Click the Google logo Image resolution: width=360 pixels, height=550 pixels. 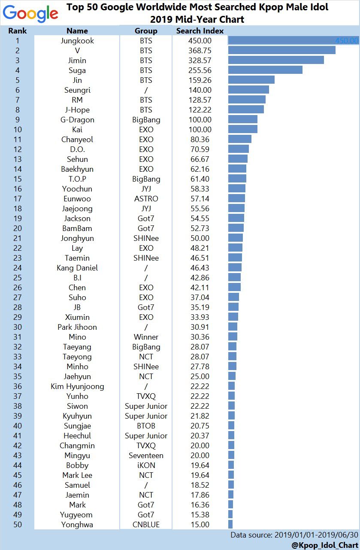click(x=30, y=14)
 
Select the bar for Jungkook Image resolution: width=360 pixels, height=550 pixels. click(x=293, y=41)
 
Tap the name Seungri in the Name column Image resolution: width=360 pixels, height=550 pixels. click(x=77, y=90)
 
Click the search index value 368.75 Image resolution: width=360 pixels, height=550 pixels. click(x=200, y=51)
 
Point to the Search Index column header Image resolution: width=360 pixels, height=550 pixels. click(x=200, y=31)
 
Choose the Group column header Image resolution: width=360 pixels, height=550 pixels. click(x=146, y=31)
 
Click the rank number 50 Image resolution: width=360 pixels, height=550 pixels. click(x=17, y=525)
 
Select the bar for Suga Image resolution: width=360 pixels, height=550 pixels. click(x=265, y=70)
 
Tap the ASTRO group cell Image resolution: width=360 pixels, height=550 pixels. click(x=146, y=199)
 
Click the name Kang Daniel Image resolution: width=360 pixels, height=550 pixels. click(x=77, y=268)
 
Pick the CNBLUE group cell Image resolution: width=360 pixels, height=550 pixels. click(x=146, y=525)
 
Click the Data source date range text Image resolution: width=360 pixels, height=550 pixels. click(x=294, y=535)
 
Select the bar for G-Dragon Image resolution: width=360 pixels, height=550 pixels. click(x=243, y=120)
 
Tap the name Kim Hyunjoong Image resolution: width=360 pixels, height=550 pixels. click(x=77, y=386)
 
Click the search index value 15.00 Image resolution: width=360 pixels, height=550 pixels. click(x=200, y=525)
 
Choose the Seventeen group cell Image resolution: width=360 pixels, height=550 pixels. click(x=146, y=456)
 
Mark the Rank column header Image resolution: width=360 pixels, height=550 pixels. click(x=17, y=31)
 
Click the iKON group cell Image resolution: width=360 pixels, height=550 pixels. click(x=146, y=465)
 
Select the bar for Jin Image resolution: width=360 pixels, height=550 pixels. click(x=251, y=80)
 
